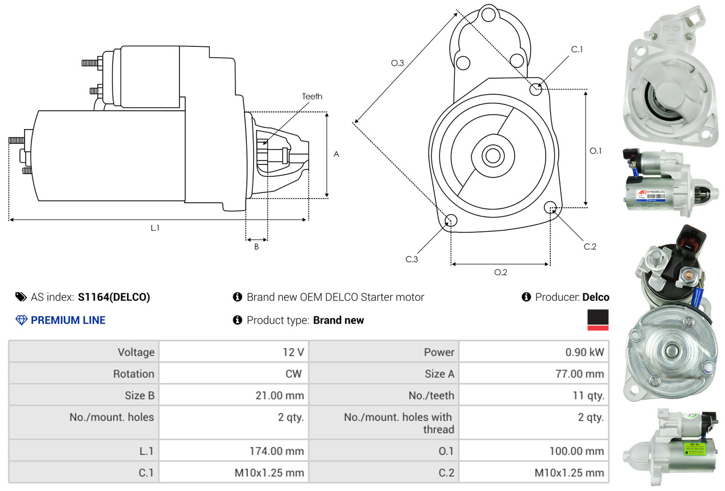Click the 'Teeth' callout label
(x=312, y=96)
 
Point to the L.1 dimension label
(x=155, y=228)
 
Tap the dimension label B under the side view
(x=257, y=247)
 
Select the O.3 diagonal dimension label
(x=398, y=63)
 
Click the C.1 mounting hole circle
(x=536, y=89)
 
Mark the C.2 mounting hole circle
(x=550, y=207)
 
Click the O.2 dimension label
(x=500, y=272)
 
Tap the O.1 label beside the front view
(x=595, y=151)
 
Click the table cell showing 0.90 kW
(x=584, y=352)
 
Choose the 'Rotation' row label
(x=133, y=374)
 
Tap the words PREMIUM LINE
(x=68, y=320)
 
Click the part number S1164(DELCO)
(x=114, y=297)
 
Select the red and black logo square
(x=598, y=320)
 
